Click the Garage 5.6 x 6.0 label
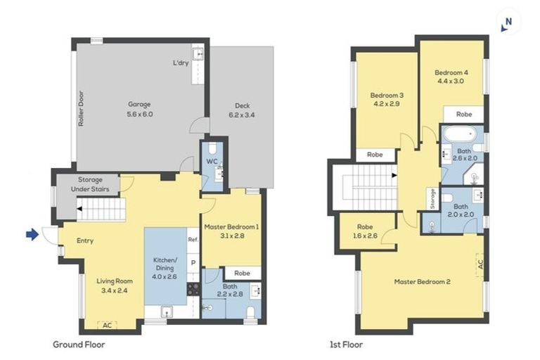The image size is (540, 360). pyautogui.click(x=139, y=108)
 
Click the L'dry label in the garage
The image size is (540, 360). pyautogui.click(x=181, y=63)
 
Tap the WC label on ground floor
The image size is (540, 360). pyautogui.click(x=210, y=161)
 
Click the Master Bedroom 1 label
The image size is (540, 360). pyautogui.click(x=232, y=231)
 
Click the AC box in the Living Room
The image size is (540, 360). pyautogui.click(x=107, y=325)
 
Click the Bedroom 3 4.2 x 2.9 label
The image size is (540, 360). pyautogui.click(x=386, y=99)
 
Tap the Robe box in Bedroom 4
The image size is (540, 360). pyautogui.click(x=463, y=113)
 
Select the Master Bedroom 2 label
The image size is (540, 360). pyautogui.click(x=422, y=282)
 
